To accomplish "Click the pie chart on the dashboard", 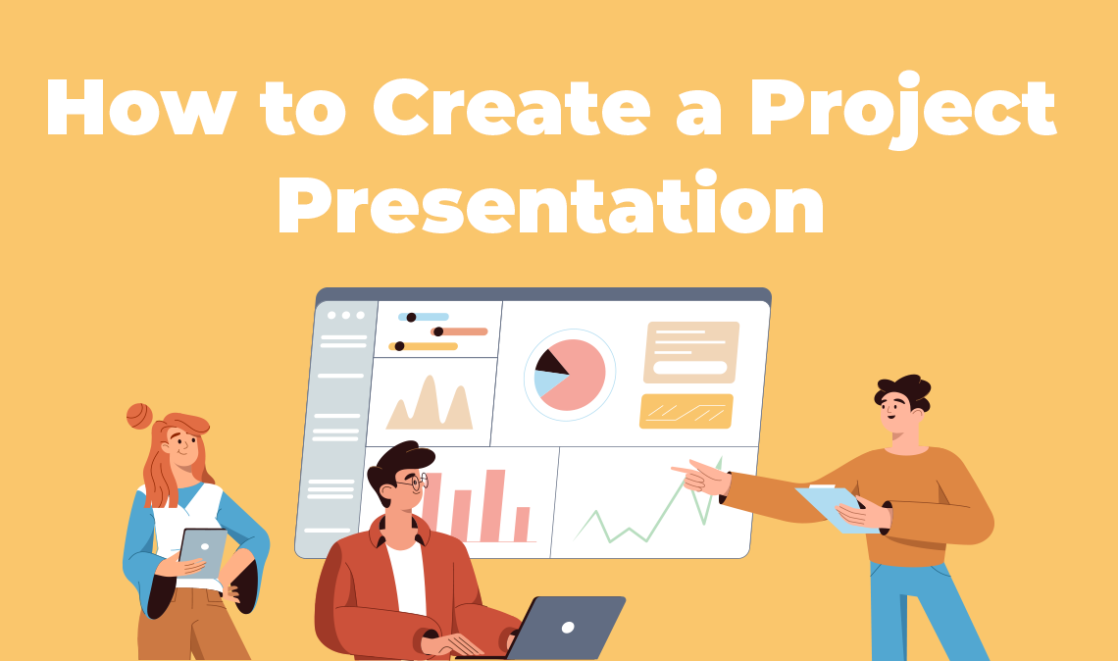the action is [x=570, y=375].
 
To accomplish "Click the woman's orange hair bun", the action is [x=139, y=416].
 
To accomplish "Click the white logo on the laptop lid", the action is [x=568, y=628].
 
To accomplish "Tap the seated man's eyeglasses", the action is [x=414, y=483].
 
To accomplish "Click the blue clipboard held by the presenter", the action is [x=836, y=508].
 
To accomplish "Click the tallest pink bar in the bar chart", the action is [x=492, y=505].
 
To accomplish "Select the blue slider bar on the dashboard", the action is [x=424, y=317].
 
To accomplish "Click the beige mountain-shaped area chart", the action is [x=430, y=403].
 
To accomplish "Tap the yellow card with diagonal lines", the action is [x=686, y=412].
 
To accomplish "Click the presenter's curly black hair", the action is [x=903, y=391].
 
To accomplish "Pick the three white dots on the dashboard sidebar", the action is [x=346, y=315].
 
